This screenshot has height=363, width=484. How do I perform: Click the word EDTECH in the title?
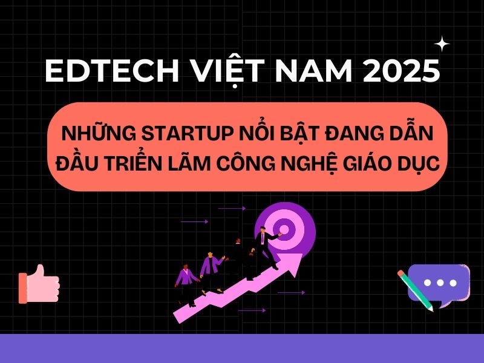[112, 70]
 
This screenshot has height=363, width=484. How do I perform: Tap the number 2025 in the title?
[401, 70]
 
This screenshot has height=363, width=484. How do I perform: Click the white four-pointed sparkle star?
[442, 44]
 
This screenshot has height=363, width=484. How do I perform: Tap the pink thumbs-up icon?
[39, 284]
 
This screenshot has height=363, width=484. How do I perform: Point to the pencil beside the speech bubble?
[416, 291]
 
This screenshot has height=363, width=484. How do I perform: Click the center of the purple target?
[284, 230]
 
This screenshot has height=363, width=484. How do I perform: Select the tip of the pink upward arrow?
[302, 254]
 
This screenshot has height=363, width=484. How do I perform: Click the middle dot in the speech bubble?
[440, 283]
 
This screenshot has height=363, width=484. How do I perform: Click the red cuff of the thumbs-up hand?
[23, 289]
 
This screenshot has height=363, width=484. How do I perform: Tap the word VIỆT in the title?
[227, 71]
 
